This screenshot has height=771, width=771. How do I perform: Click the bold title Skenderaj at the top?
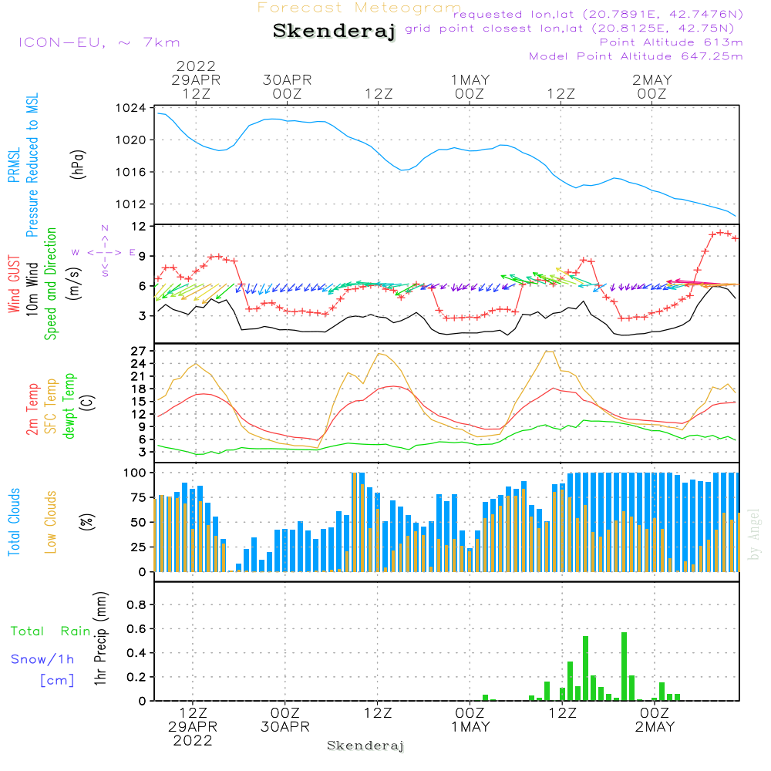click(334, 32)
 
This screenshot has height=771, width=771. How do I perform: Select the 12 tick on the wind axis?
click(139, 226)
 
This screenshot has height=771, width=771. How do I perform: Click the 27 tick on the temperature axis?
click(139, 351)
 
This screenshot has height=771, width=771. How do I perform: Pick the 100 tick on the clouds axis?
click(135, 472)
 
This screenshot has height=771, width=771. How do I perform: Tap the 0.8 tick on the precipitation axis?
click(136, 605)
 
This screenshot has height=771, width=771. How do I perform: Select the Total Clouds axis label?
click(15, 522)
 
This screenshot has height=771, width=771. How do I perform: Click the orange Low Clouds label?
click(51, 522)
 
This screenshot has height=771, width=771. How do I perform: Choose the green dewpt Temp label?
click(69, 406)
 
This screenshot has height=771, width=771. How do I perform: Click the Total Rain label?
click(51, 631)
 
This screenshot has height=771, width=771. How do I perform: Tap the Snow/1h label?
click(43, 659)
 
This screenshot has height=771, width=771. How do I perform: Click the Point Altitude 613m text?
click(671, 42)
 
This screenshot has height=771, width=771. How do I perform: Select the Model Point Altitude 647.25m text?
click(636, 56)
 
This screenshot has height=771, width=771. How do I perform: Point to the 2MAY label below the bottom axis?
click(654, 727)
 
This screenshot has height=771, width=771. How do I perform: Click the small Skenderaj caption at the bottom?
click(365, 746)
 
